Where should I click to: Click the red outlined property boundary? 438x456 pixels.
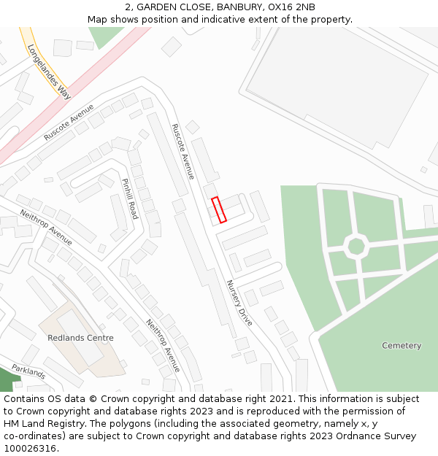click(x=219, y=209)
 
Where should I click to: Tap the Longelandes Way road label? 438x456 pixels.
click(x=48, y=71)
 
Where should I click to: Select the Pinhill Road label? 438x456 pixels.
click(x=129, y=198)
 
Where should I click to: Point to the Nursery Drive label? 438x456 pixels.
click(x=239, y=302)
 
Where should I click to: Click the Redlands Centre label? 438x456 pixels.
click(x=80, y=338)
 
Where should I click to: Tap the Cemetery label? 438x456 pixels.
click(x=401, y=345)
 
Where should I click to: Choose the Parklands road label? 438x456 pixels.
click(x=28, y=371)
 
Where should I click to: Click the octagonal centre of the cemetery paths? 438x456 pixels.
click(x=356, y=246)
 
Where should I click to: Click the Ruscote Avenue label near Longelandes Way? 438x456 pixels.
click(x=69, y=123)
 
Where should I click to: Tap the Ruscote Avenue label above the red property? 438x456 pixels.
click(x=182, y=151)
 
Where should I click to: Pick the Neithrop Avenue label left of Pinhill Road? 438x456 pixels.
click(x=46, y=227)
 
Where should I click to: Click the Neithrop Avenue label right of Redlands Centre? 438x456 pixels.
click(x=162, y=345)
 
